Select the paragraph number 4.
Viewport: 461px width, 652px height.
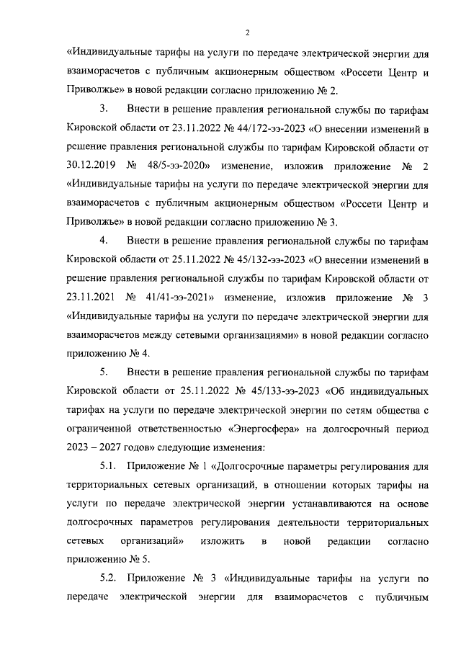click(103, 241)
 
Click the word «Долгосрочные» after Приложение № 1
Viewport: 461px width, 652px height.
click(251, 466)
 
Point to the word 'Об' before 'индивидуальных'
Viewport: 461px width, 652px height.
click(336, 391)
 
